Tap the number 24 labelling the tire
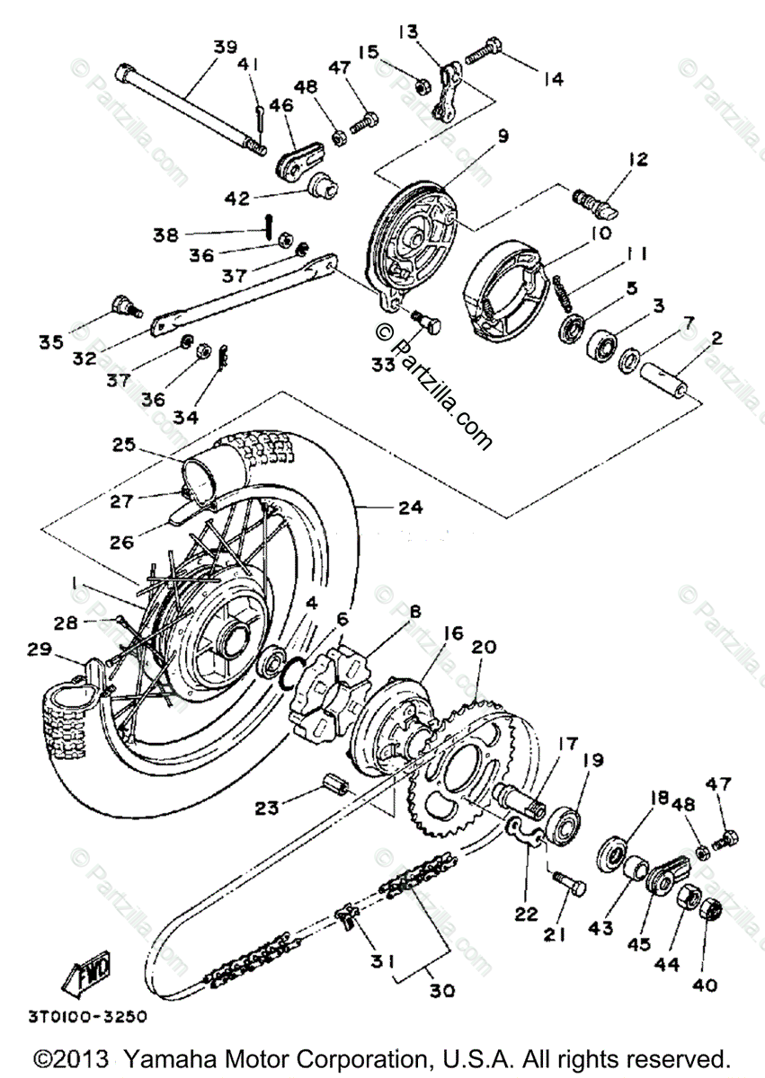point(411,508)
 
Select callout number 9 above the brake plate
point(503,137)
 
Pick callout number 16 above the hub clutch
point(452,633)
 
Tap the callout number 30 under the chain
point(440,992)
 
